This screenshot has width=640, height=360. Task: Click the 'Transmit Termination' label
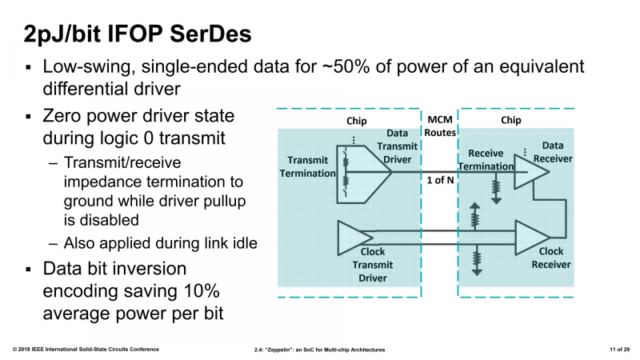(x=308, y=166)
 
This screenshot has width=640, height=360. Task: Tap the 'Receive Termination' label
(x=485, y=159)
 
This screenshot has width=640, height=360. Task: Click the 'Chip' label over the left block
(x=356, y=121)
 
